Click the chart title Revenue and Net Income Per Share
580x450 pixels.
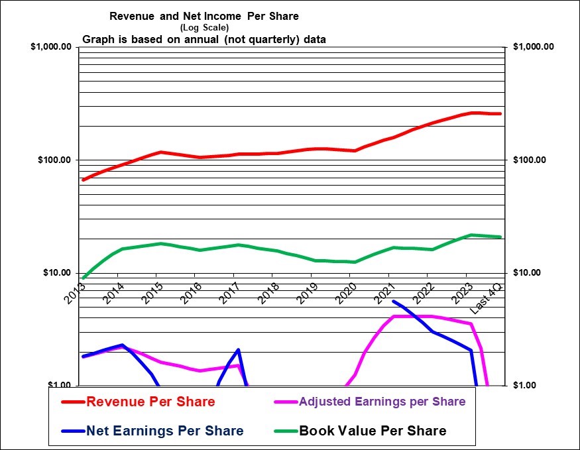[x=203, y=16]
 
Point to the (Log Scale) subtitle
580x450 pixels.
[x=203, y=27]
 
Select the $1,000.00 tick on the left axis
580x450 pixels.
[x=51, y=47]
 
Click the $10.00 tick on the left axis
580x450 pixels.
[x=57, y=273]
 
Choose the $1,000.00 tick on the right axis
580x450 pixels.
[x=534, y=47]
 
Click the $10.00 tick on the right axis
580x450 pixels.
[x=528, y=273]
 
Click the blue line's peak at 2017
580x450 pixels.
[x=238, y=349]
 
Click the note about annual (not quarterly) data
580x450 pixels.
[x=203, y=39]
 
